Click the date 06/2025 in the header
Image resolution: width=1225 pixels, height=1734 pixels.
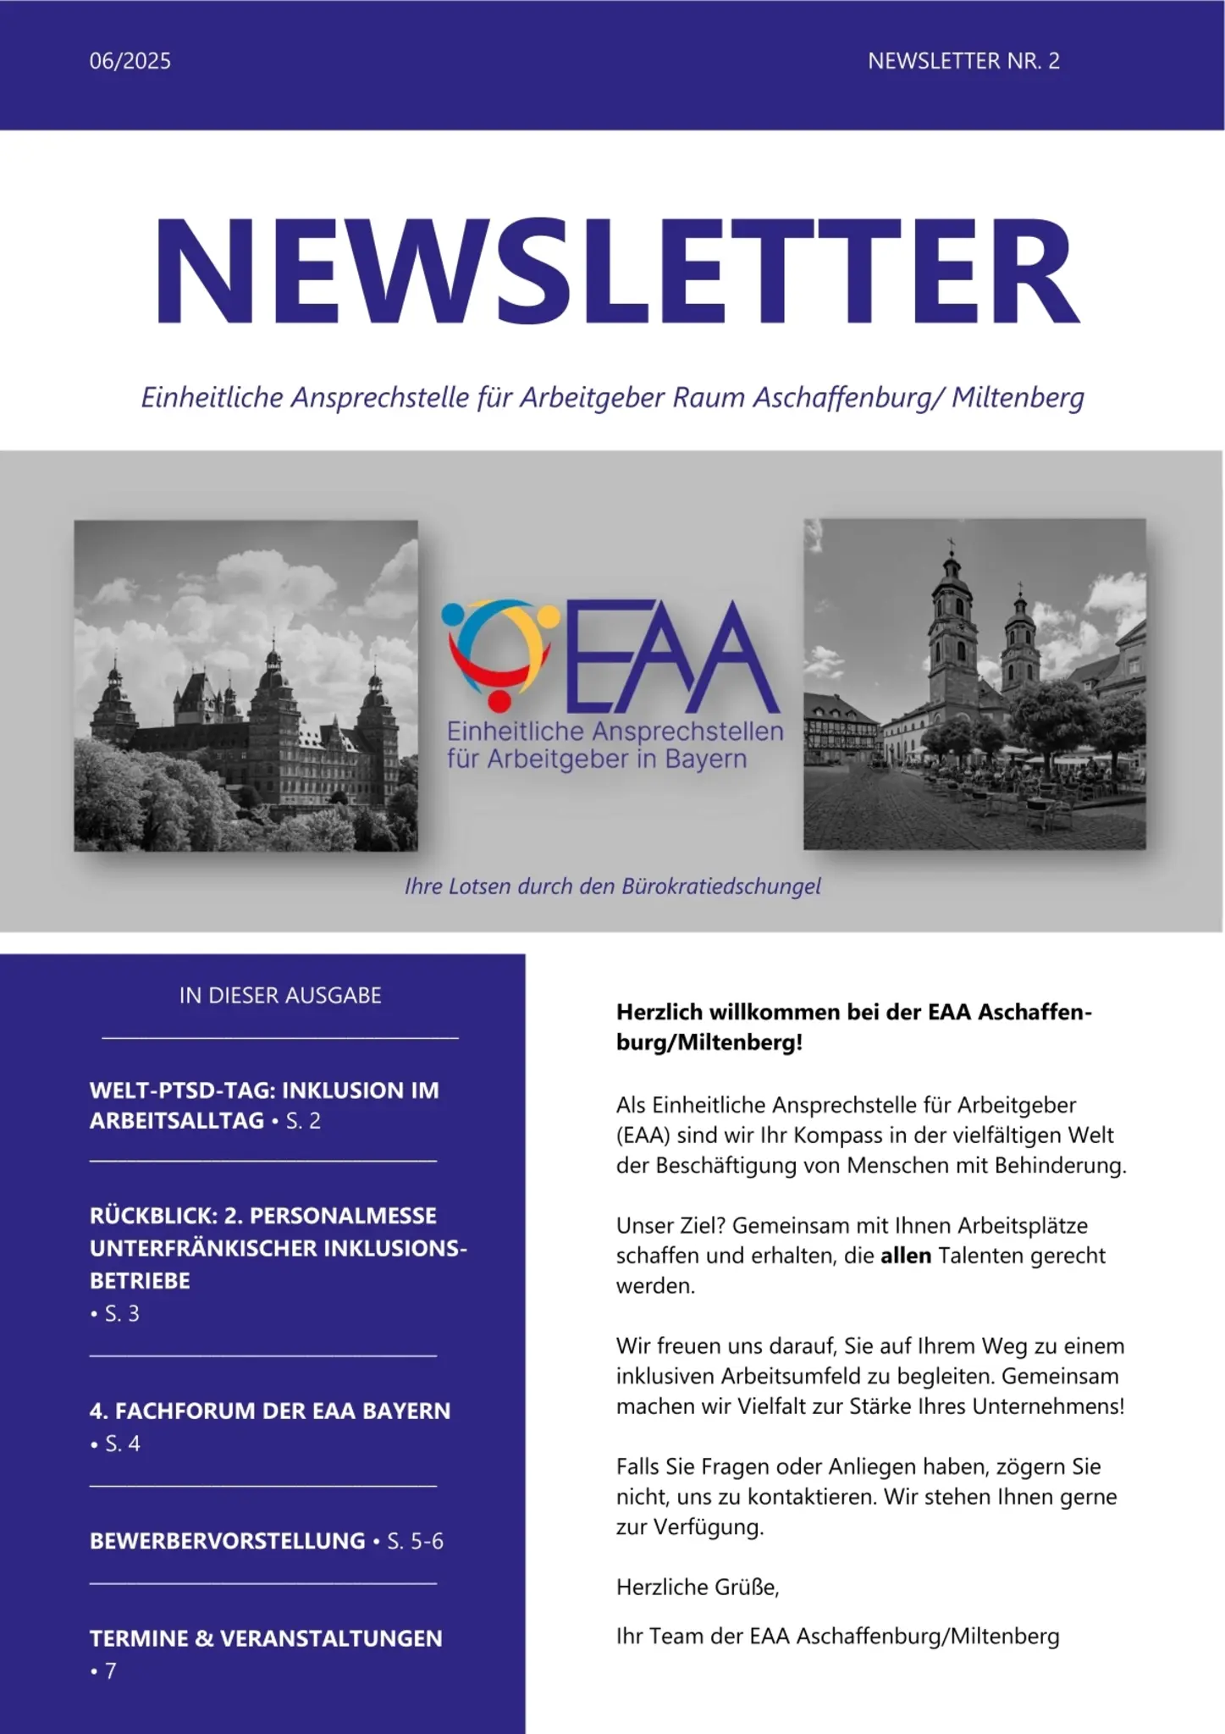pyautogui.click(x=130, y=61)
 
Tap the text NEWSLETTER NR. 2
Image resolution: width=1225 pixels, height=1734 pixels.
pyautogui.click(x=963, y=61)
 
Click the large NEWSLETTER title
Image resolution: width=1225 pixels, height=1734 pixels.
pyautogui.click(x=615, y=270)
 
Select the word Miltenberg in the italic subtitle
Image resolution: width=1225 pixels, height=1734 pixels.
pyautogui.click(x=1018, y=397)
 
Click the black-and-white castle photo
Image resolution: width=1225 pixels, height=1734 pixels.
pyautogui.click(x=246, y=685)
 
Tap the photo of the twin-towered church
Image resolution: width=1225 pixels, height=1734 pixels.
pyautogui.click(x=974, y=683)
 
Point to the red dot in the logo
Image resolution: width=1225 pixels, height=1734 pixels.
pyautogui.click(x=499, y=701)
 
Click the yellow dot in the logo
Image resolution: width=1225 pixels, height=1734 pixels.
pyautogui.click(x=549, y=616)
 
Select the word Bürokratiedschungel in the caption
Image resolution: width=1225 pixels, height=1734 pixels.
pyautogui.click(x=721, y=886)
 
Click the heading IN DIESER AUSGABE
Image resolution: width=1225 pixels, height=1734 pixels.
pyautogui.click(x=280, y=995)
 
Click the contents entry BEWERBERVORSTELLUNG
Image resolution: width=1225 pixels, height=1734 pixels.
pyautogui.click(x=227, y=1540)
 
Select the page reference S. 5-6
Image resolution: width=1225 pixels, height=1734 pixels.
pyautogui.click(x=415, y=1541)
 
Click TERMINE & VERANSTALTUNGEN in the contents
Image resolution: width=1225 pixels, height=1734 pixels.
pyautogui.click(x=266, y=1637)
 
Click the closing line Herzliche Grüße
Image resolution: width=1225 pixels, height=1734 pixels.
pyautogui.click(x=698, y=1587)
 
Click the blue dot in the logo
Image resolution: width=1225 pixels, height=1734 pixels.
pyautogui.click(x=453, y=614)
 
